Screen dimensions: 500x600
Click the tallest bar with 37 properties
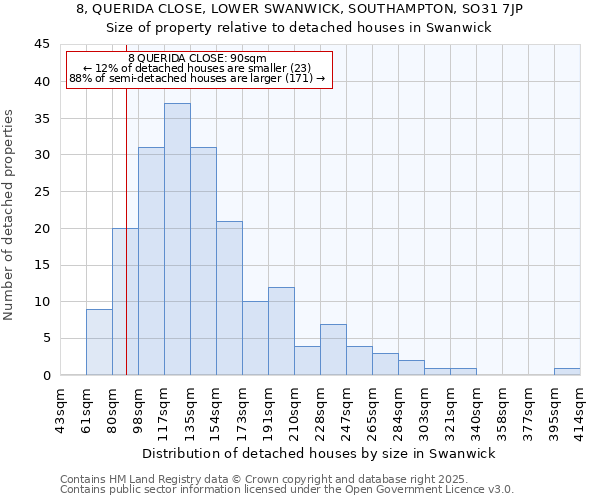coord(177,239)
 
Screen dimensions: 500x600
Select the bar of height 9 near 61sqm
coord(99,342)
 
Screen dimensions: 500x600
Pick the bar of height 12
coord(281,331)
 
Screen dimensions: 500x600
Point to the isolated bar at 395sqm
coord(567,372)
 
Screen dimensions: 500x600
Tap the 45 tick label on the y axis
coord(41,45)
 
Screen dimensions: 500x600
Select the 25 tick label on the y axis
coord(41,192)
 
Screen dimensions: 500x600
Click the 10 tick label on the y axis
coord(41,302)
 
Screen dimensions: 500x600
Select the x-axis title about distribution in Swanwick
coord(319,453)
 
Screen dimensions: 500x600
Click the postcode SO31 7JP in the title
coord(496,8)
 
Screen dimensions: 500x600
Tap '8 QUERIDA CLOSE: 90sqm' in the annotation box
coord(198,59)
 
